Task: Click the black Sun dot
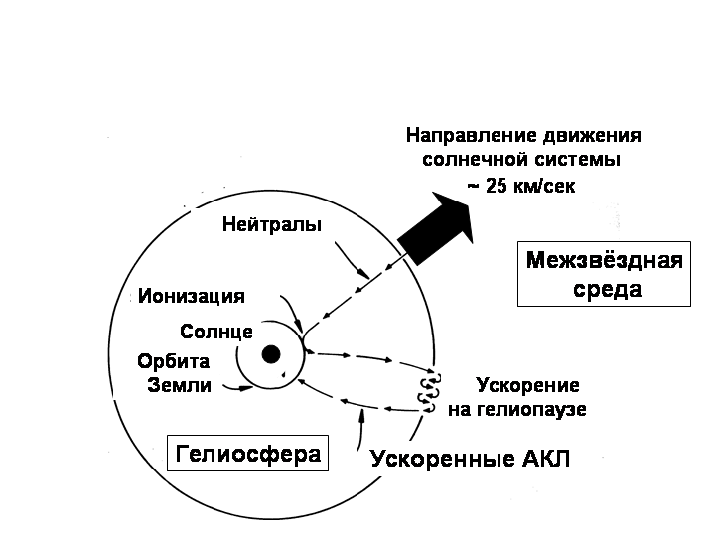click(271, 354)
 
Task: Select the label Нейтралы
click(272, 224)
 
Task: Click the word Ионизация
click(192, 296)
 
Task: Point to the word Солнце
click(216, 332)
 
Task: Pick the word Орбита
click(173, 361)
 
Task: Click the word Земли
click(179, 385)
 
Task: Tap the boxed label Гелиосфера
click(248, 454)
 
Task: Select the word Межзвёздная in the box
click(604, 260)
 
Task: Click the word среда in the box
click(608, 290)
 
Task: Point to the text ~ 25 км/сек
click(521, 186)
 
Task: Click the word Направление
click(471, 136)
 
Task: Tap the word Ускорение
click(527, 385)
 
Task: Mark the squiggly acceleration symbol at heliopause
click(429, 392)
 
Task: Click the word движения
click(592, 136)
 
